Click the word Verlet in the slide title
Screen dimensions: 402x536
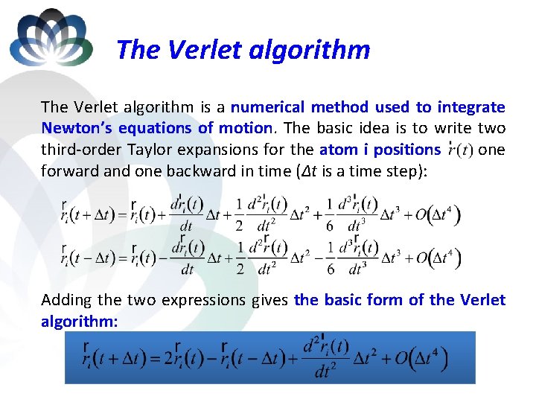[x=199, y=50]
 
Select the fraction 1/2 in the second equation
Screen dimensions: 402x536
[x=239, y=258]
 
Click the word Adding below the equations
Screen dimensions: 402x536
[x=67, y=300]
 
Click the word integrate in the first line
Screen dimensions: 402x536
[x=470, y=107]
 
